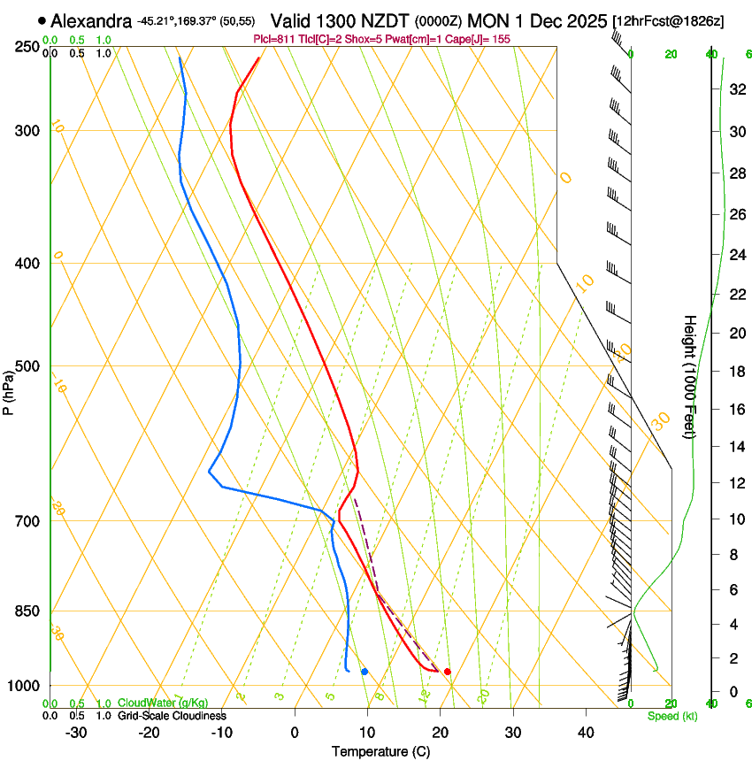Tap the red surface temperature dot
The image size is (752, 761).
point(448,672)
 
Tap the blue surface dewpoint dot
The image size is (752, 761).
point(364,672)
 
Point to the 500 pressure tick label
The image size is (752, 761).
point(27,366)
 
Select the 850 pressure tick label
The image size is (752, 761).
point(27,611)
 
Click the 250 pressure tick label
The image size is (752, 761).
point(27,46)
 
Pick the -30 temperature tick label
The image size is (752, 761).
point(76,732)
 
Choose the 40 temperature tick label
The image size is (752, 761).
point(585,732)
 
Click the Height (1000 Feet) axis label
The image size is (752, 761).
point(690,377)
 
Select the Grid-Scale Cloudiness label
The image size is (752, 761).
point(172,716)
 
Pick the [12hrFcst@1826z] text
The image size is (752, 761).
point(668,20)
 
